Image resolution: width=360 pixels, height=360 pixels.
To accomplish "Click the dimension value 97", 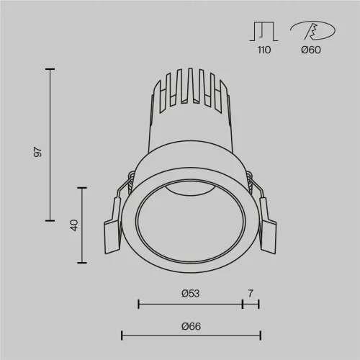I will click(39, 152).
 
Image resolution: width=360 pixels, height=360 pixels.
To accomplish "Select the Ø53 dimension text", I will click(190, 293).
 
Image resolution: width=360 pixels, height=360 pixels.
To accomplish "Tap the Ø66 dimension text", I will click(191, 326).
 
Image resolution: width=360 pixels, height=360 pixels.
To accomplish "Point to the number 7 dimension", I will click(251, 293).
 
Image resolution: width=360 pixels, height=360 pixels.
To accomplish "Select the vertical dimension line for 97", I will click(50, 144).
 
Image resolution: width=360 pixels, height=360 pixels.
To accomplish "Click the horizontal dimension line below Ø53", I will click(190, 305).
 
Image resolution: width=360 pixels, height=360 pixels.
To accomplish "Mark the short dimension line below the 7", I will click(251, 305).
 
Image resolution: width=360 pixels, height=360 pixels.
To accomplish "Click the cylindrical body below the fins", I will click(190, 133).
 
